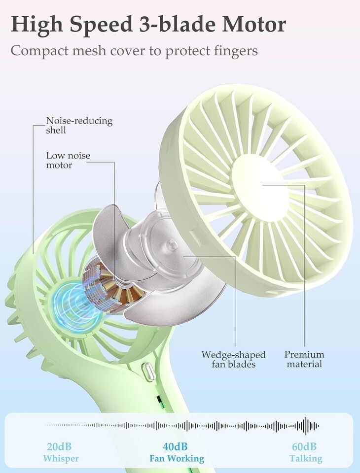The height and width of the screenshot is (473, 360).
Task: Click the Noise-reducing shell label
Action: (x=79, y=125)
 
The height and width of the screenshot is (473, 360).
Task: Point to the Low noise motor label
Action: (x=68, y=160)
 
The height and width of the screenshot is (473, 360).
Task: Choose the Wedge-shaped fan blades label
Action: (x=233, y=359)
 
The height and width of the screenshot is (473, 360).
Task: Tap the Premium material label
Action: (x=304, y=359)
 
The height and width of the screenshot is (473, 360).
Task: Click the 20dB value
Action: (x=60, y=447)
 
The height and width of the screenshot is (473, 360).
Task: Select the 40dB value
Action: (x=176, y=447)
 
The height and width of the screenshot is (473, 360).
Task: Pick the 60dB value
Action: (x=304, y=447)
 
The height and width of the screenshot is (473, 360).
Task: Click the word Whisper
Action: (x=60, y=459)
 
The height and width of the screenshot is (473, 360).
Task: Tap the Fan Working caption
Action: (x=177, y=459)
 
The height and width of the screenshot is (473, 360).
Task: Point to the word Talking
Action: (x=306, y=459)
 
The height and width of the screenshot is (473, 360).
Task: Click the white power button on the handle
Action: (x=149, y=371)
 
